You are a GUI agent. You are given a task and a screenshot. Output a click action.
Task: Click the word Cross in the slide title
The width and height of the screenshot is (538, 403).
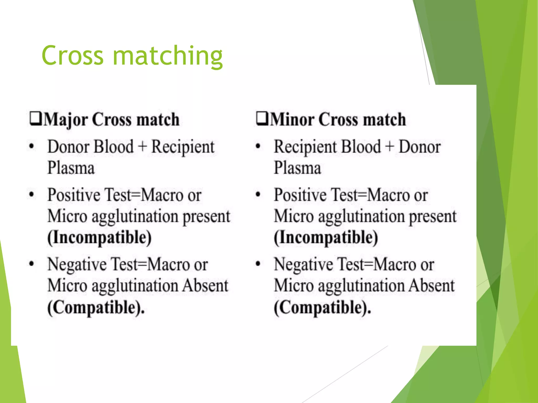[x=73, y=56]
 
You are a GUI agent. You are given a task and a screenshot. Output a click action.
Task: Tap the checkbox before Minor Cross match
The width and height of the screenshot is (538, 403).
[x=262, y=119]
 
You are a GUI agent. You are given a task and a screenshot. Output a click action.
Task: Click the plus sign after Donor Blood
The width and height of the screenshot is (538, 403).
[x=142, y=146]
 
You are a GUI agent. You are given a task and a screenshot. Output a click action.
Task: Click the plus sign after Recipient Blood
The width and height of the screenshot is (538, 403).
[x=390, y=146]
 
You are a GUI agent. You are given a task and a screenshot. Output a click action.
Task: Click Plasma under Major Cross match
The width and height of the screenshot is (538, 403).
[x=71, y=168]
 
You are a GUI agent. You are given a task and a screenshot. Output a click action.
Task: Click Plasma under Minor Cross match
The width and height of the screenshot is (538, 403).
[x=297, y=168]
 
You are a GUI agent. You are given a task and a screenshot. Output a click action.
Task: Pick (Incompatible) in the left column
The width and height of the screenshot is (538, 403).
[x=100, y=238]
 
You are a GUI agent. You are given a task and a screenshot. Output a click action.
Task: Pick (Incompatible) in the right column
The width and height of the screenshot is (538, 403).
[x=326, y=238]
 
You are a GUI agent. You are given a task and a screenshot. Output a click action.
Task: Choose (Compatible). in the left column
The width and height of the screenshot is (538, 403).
[x=96, y=307]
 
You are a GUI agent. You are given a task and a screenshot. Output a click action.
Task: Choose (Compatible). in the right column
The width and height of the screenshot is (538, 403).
[x=322, y=307]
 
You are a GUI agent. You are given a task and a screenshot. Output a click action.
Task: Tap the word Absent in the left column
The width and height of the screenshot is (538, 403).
[x=205, y=285]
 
